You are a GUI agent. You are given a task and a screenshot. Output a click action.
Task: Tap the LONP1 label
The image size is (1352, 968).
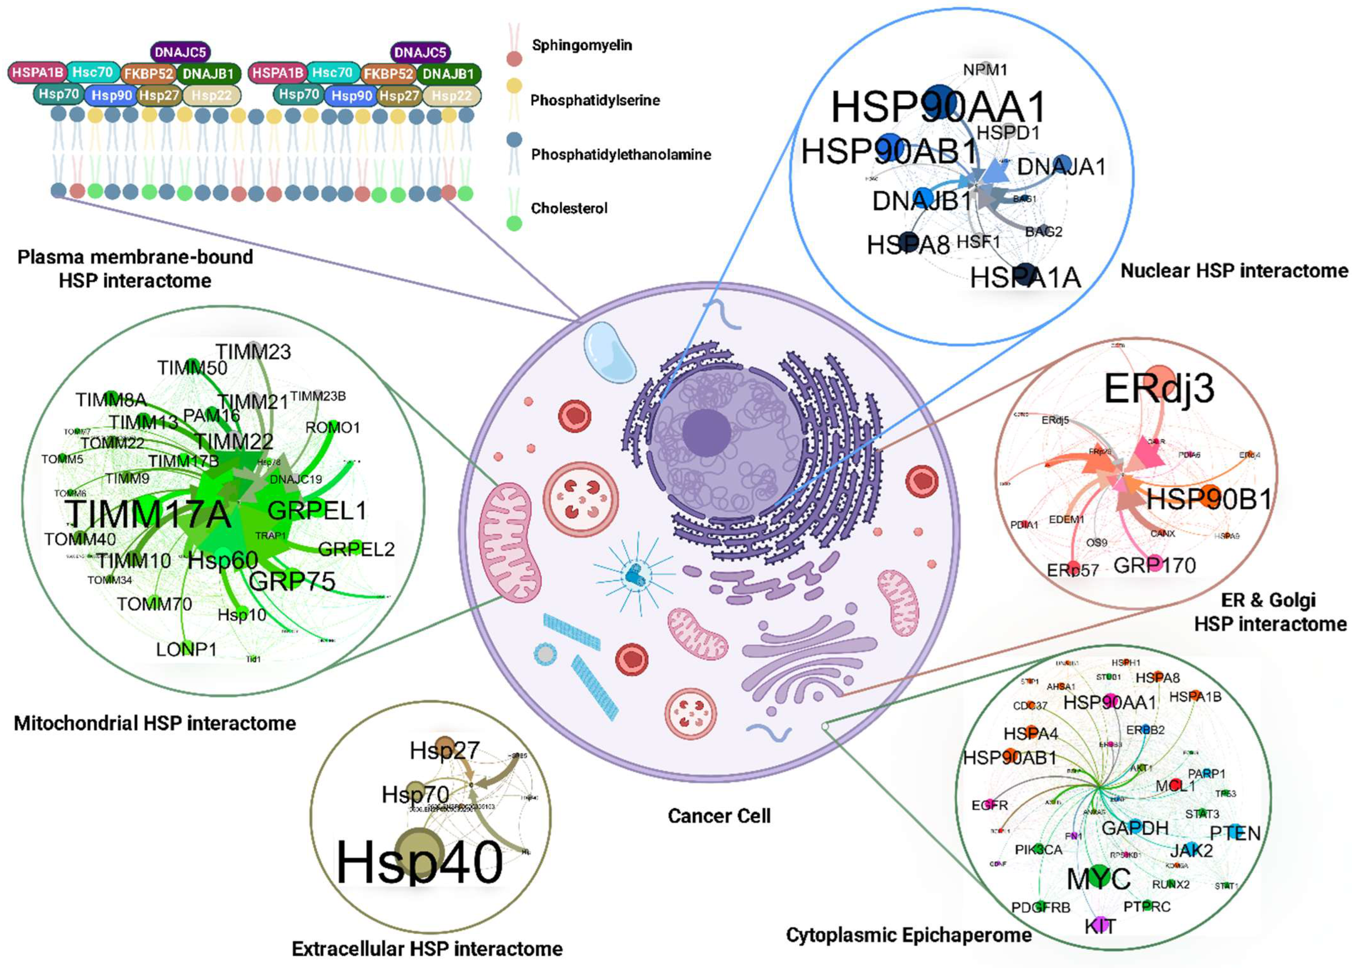pyautogui.click(x=186, y=649)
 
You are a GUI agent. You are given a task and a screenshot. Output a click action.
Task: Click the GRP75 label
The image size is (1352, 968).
pyautogui.click(x=292, y=581)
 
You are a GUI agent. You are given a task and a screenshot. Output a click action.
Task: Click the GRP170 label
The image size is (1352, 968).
pyautogui.click(x=1154, y=565)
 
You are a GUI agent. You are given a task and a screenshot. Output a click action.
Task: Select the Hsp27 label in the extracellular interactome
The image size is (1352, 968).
pyautogui.click(x=444, y=750)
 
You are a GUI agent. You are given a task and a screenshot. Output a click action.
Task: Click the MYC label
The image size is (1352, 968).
pyautogui.click(x=1098, y=879)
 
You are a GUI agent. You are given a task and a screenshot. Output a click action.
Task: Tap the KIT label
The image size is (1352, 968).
pyautogui.click(x=1100, y=926)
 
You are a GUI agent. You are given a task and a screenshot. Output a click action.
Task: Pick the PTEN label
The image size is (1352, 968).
pyautogui.click(x=1235, y=833)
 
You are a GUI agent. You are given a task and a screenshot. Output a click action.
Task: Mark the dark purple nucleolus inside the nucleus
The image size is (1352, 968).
pyautogui.click(x=707, y=433)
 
